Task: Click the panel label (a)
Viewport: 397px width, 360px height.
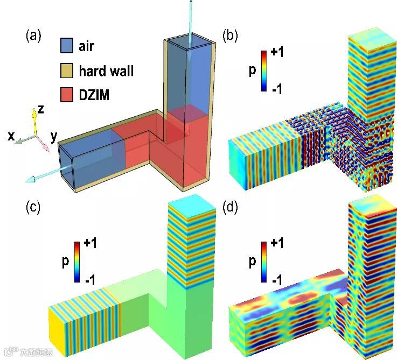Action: (33, 37)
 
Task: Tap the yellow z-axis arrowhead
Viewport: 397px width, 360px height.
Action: (34, 112)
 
